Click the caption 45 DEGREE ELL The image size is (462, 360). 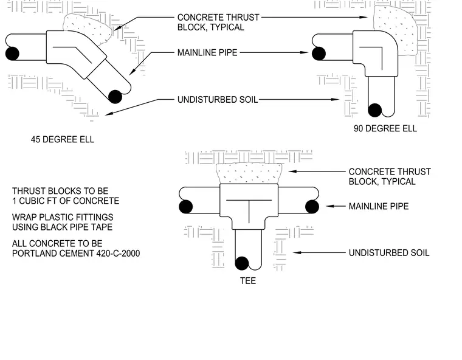(63, 139)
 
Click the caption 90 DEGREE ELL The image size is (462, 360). (385, 128)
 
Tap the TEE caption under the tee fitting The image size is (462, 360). (248, 281)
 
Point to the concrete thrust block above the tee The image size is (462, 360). (249, 174)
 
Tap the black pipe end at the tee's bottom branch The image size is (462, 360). (242, 263)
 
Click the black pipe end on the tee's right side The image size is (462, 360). (312, 206)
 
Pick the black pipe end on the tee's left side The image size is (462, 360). (185, 206)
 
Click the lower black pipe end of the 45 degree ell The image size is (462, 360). (115, 97)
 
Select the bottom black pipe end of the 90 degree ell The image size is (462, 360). (375, 110)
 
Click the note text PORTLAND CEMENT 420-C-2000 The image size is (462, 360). (76, 253)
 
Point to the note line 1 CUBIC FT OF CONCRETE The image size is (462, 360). (66, 201)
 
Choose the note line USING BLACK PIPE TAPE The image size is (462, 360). (63, 227)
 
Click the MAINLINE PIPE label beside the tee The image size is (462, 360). (379, 206)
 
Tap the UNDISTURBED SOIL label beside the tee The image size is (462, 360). (389, 253)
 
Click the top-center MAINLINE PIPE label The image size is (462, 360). (207, 52)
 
